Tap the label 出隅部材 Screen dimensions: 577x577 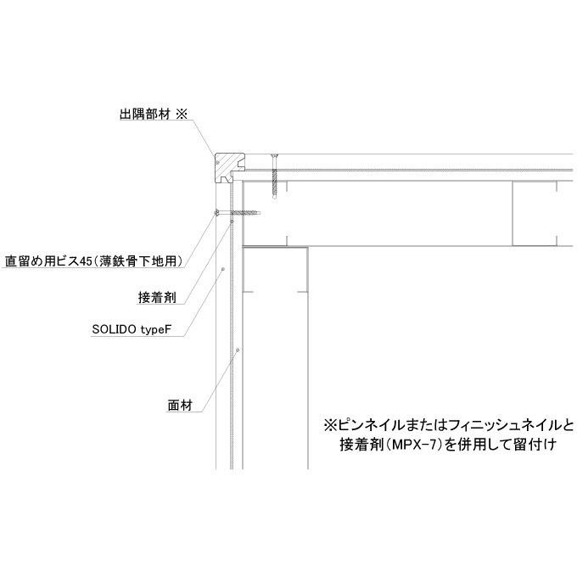[x=145, y=114]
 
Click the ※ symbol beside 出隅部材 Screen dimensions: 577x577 [x=182, y=114]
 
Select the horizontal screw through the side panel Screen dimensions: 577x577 [x=238, y=213]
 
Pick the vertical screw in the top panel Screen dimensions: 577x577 [x=274, y=176]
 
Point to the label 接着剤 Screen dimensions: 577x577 [x=157, y=297]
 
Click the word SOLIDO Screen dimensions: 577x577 [x=114, y=329]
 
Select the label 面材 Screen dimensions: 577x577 [x=180, y=405]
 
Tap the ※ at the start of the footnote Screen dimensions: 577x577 [x=330, y=426]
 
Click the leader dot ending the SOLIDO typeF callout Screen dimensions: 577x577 [x=222, y=269]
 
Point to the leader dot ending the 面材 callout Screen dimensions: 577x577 [x=238, y=350]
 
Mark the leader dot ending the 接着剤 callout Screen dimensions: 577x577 [x=232, y=221]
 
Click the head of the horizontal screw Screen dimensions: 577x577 [x=216, y=213]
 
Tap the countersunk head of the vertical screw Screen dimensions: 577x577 [x=274, y=156]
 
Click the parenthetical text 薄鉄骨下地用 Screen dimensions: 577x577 [x=140, y=261]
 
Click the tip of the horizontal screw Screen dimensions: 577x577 [x=260, y=213]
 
